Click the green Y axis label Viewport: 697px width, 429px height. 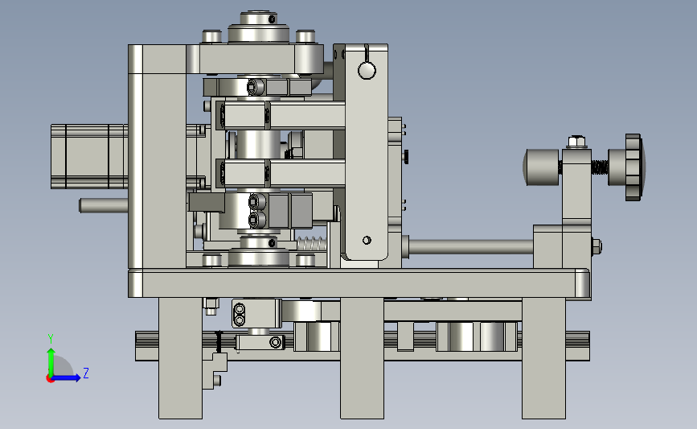(x=51, y=339)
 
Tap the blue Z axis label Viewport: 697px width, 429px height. (x=86, y=373)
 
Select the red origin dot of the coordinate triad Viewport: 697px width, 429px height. (x=50, y=379)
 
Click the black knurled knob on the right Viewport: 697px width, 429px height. (x=634, y=167)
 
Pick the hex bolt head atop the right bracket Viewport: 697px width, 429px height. (x=576, y=142)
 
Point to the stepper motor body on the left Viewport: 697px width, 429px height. (x=89, y=157)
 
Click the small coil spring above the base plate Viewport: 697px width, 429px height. (x=312, y=244)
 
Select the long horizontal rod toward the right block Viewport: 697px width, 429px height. (x=471, y=246)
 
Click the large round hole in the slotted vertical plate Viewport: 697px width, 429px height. (x=367, y=70)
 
